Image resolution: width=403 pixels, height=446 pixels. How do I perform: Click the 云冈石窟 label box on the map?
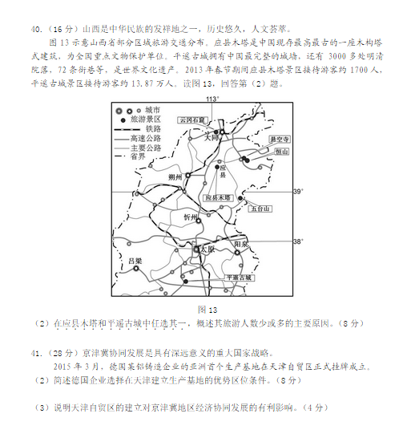[193, 119]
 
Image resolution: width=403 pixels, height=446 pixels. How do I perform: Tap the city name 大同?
[212, 137]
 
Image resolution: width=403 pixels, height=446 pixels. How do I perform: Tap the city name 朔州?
[177, 177]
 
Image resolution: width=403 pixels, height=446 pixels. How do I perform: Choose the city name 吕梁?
[135, 261]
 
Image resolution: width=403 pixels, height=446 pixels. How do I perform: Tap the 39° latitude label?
[299, 192]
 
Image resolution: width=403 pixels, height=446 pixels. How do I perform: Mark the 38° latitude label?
[299, 241]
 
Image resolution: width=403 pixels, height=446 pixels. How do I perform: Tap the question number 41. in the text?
[38, 352]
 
